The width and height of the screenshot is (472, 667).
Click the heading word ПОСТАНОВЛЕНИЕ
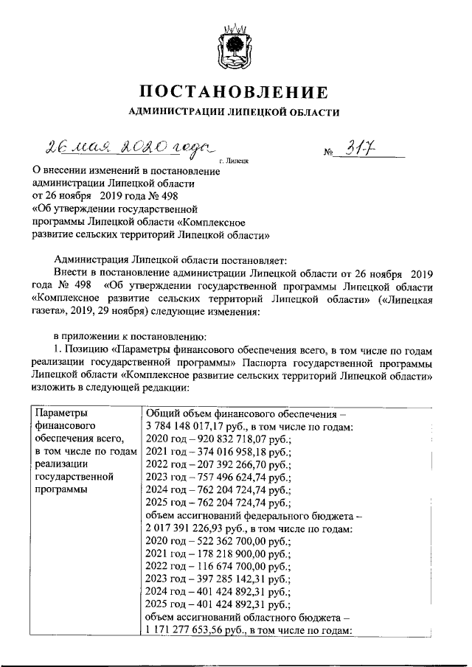235,93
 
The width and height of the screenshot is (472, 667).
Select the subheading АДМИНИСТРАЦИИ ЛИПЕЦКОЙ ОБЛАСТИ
235,113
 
